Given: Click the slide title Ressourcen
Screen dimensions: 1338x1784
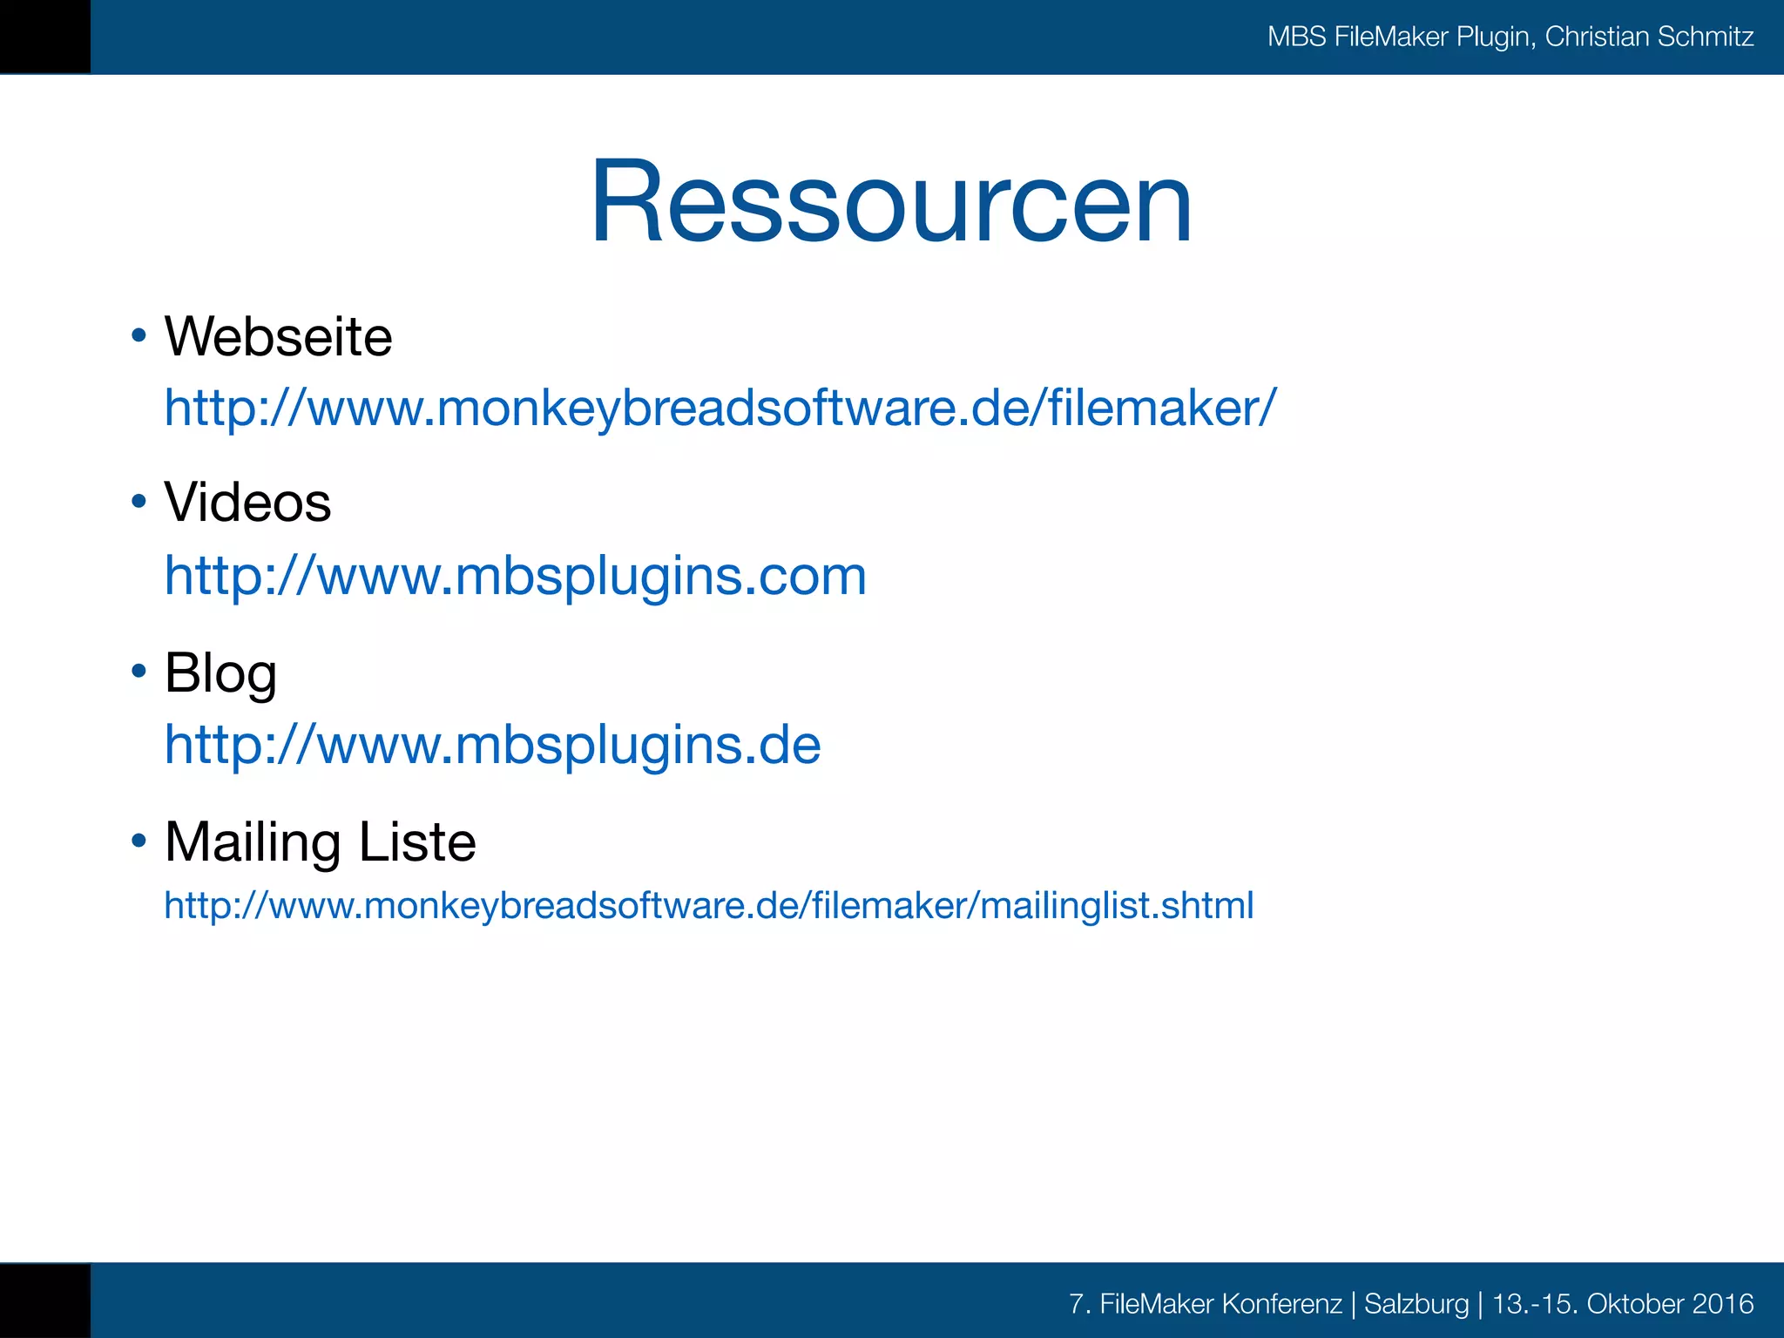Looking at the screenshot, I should click(890, 202).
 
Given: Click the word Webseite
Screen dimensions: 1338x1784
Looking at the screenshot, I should click(278, 336).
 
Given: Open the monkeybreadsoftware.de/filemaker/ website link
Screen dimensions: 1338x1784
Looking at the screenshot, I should click(720, 408).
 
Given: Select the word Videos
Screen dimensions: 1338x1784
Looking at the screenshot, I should click(247, 503).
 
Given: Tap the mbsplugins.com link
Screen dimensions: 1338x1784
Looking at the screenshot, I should click(516, 576).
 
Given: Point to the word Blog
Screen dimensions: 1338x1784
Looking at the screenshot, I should click(220, 673).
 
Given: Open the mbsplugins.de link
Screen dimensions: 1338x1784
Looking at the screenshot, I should click(493, 745).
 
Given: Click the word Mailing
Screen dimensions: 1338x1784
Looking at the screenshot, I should click(252, 842).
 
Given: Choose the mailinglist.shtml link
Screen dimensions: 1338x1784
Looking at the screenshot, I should click(709, 906).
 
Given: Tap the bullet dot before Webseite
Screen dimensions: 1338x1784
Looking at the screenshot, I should click(139, 335).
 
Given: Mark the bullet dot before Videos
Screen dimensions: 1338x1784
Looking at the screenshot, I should click(139, 501).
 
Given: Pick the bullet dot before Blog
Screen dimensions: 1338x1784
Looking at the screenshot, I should click(139, 671).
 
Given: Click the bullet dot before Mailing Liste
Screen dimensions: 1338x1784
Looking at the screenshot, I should click(139, 841).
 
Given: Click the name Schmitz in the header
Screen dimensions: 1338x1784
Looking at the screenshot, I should click(1706, 37).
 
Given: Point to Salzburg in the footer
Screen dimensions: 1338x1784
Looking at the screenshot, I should click(1416, 1304).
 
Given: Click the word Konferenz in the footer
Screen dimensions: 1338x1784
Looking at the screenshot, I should click(1281, 1304).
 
